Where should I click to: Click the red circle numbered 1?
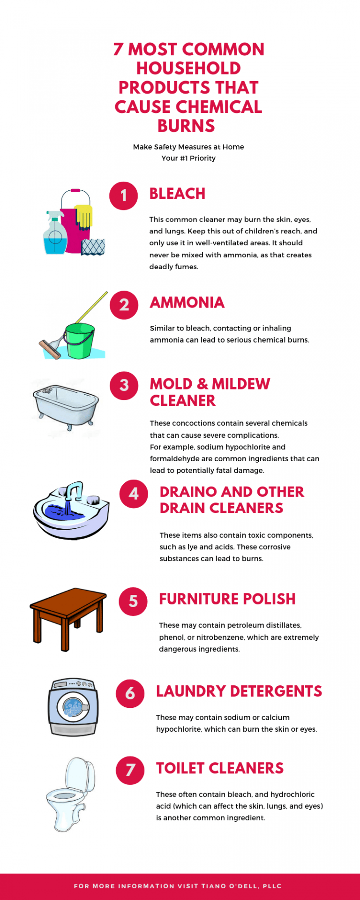(x=123, y=195)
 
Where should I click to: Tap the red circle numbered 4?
(x=134, y=494)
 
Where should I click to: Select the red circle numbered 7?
(x=130, y=770)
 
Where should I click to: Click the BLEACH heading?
(x=177, y=194)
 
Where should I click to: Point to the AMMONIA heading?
(x=187, y=303)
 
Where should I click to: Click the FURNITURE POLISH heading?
(x=227, y=599)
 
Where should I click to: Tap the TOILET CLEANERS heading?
(x=220, y=768)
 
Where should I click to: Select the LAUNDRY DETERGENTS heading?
(x=239, y=691)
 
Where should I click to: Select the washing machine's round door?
(x=73, y=707)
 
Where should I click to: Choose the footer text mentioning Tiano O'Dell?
(x=178, y=886)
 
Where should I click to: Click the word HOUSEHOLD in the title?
(x=188, y=68)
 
